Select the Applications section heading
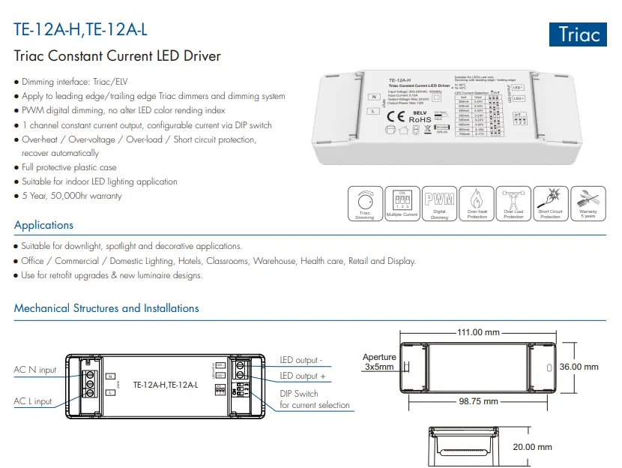(43, 225)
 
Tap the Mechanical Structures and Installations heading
(106, 308)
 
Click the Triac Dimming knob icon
(365, 203)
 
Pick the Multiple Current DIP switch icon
(402, 203)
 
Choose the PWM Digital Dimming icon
(439, 203)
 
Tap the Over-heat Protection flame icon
(477, 203)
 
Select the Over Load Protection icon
(513, 203)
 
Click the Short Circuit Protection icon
(550, 203)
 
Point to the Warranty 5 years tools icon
(588, 203)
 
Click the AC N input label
(35, 370)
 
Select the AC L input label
(33, 401)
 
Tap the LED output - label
(301, 361)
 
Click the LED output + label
(303, 376)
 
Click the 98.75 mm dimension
(478, 401)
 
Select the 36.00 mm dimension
(580, 367)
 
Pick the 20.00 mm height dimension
(533, 447)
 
